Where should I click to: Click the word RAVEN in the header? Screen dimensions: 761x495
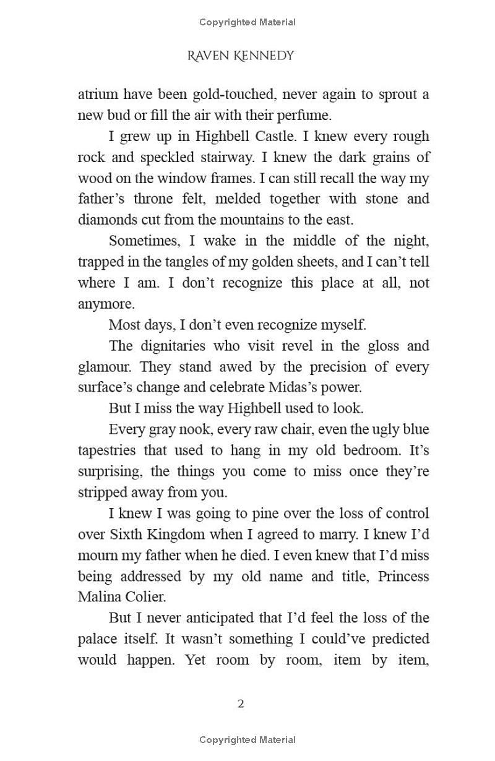coord(209,56)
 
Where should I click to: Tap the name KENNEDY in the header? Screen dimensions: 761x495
coord(265,56)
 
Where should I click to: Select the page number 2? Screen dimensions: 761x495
coord(241,703)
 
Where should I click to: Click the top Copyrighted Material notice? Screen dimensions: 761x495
coord(247,22)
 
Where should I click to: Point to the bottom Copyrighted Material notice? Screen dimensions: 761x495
coord(247,740)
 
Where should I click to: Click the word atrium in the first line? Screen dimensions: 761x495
coord(97,95)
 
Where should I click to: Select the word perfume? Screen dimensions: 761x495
coord(303,115)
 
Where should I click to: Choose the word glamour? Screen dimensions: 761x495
coord(105,367)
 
